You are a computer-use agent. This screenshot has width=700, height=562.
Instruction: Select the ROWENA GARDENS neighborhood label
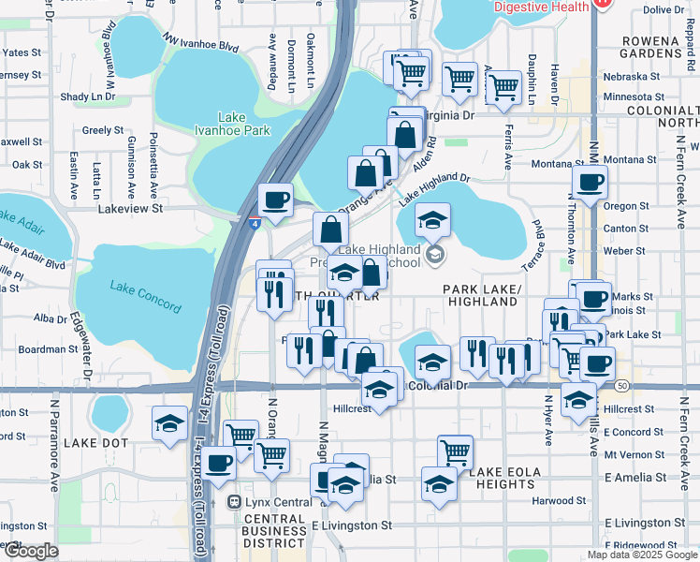coord(667,48)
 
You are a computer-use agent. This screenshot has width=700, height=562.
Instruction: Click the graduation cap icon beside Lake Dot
coord(169,423)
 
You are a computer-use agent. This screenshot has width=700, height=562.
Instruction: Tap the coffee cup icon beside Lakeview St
coord(276,200)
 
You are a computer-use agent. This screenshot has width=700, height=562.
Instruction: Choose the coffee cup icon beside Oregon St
coord(590,183)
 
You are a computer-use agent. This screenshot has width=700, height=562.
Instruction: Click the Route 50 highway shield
coord(623,386)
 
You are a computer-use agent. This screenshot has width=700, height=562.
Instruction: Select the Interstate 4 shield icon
coord(255,221)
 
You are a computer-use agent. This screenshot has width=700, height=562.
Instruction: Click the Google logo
coord(31,551)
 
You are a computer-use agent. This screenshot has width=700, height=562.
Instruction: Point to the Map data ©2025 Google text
coord(642,555)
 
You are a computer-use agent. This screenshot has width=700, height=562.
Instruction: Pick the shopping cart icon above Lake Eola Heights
coord(455,451)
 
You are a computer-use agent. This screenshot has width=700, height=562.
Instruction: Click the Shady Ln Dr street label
coord(87,96)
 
